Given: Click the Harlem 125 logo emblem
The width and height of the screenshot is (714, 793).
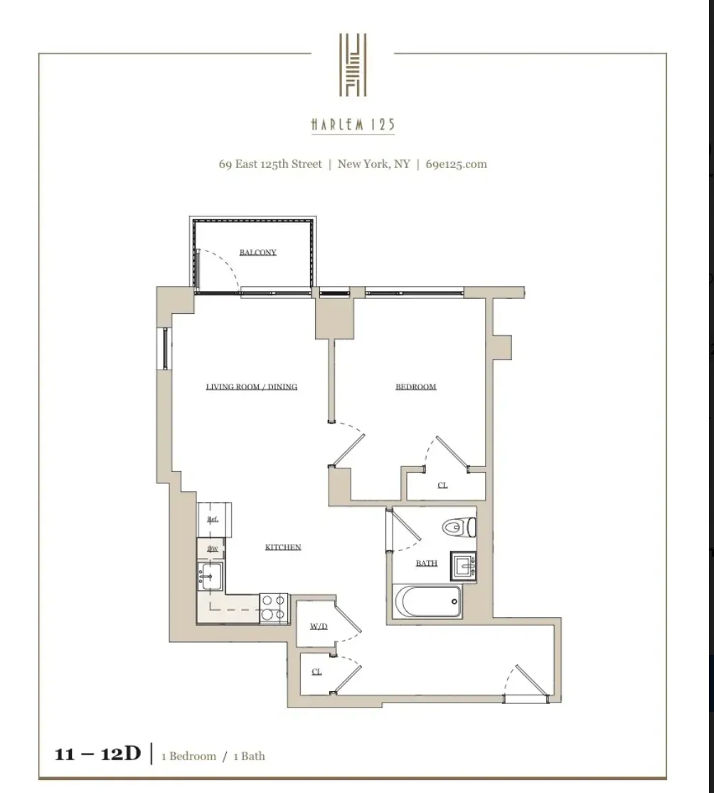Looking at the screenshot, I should click(x=353, y=65).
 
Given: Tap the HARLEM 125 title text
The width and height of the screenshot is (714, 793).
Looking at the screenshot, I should click(x=353, y=126).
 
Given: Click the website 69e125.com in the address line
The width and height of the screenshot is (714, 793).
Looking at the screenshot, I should click(x=456, y=164).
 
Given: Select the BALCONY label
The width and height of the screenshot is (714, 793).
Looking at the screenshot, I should click(x=257, y=253).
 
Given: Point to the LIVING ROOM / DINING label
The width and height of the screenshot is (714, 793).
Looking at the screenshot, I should click(x=251, y=387).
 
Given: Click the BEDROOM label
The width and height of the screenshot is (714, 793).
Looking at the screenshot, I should click(x=415, y=387).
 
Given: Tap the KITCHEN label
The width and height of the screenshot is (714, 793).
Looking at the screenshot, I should click(x=283, y=547).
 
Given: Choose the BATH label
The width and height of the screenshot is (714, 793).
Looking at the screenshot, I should click(x=426, y=563).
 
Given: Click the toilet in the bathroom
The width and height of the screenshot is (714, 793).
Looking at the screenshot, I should click(x=459, y=527).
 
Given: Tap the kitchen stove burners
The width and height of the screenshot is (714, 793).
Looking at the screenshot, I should click(x=274, y=607).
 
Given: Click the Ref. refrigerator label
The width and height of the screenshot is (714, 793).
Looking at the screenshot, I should click(x=212, y=520).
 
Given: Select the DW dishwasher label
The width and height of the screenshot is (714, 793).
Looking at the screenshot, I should click(x=212, y=549).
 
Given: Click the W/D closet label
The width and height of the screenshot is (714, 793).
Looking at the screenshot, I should click(x=318, y=627).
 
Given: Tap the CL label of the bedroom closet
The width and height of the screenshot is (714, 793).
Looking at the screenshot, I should click(x=442, y=485).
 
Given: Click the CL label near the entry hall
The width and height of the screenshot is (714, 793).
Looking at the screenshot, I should click(x=316, y=671).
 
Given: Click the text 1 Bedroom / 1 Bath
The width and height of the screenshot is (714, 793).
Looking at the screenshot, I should click(x=213, y=756).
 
